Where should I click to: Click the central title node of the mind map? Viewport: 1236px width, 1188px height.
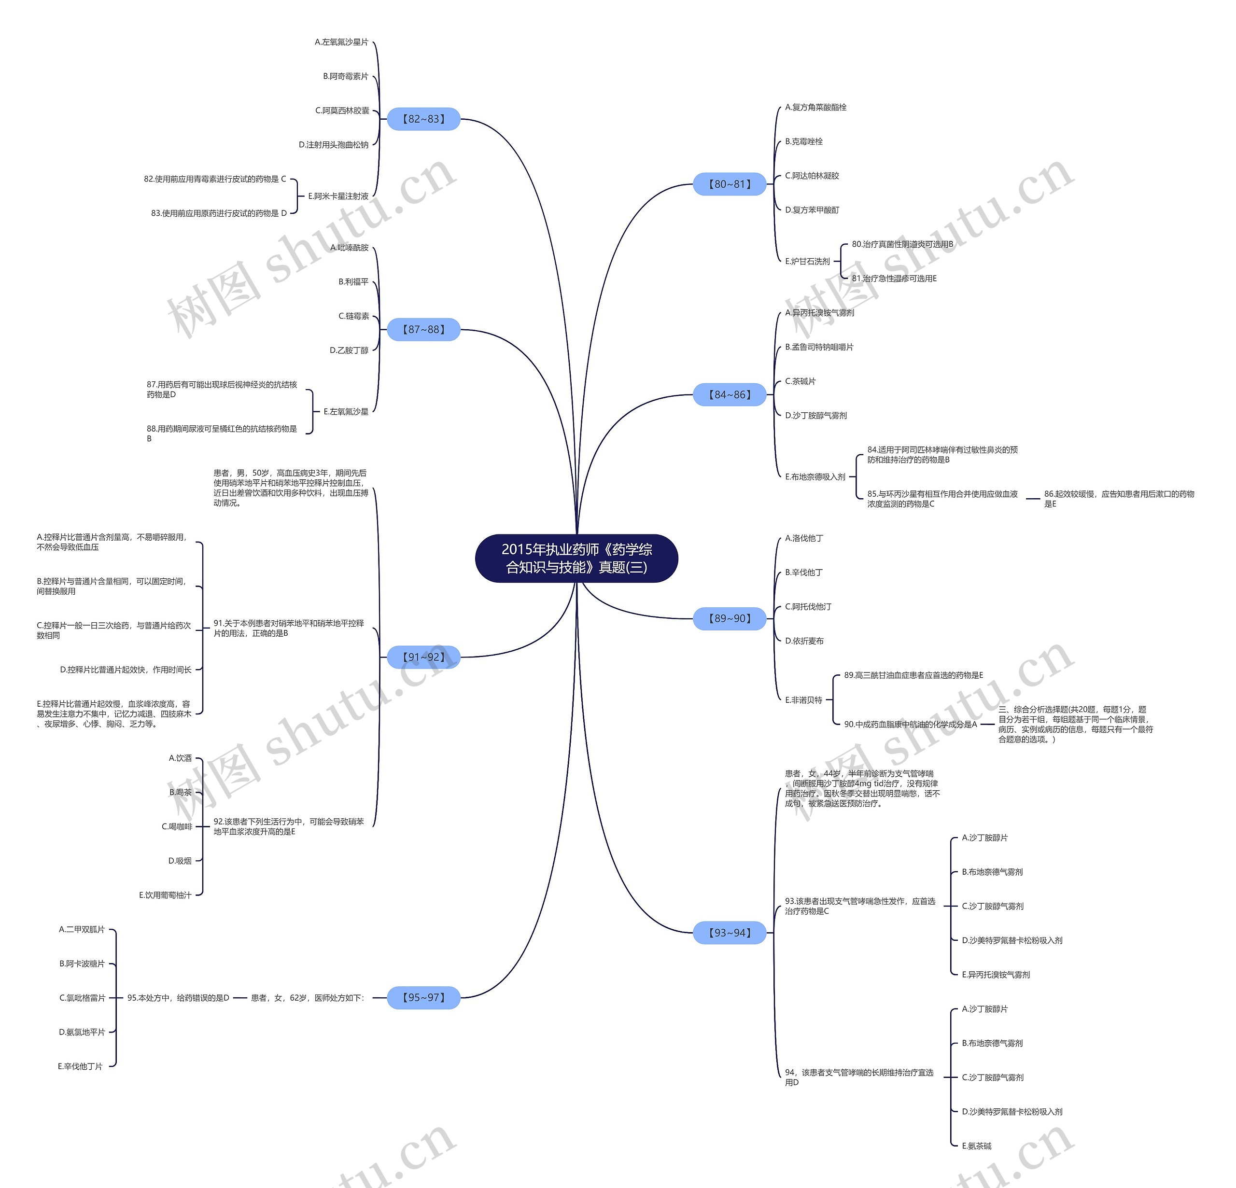[576, 558]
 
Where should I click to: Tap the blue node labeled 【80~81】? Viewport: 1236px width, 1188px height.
[730, 184]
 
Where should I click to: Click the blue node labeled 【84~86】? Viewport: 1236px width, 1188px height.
[730, 395]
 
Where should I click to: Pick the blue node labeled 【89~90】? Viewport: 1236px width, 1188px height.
[730, 618]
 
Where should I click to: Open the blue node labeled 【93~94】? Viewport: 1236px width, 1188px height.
[730, 933]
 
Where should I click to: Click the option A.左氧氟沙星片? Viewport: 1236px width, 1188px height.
[341, 42]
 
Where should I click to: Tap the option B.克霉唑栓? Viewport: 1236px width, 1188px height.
[803, 142]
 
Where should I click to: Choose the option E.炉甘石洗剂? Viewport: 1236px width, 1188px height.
[807, 261]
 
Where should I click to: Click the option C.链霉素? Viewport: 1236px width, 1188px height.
[354, 316]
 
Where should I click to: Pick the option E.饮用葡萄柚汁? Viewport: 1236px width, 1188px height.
[165, 895]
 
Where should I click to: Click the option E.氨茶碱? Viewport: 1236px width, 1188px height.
[976, 1146]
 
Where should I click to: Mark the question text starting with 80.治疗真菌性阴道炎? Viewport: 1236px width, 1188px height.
[902, 244]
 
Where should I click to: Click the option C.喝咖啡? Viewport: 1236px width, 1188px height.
[177, 827]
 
